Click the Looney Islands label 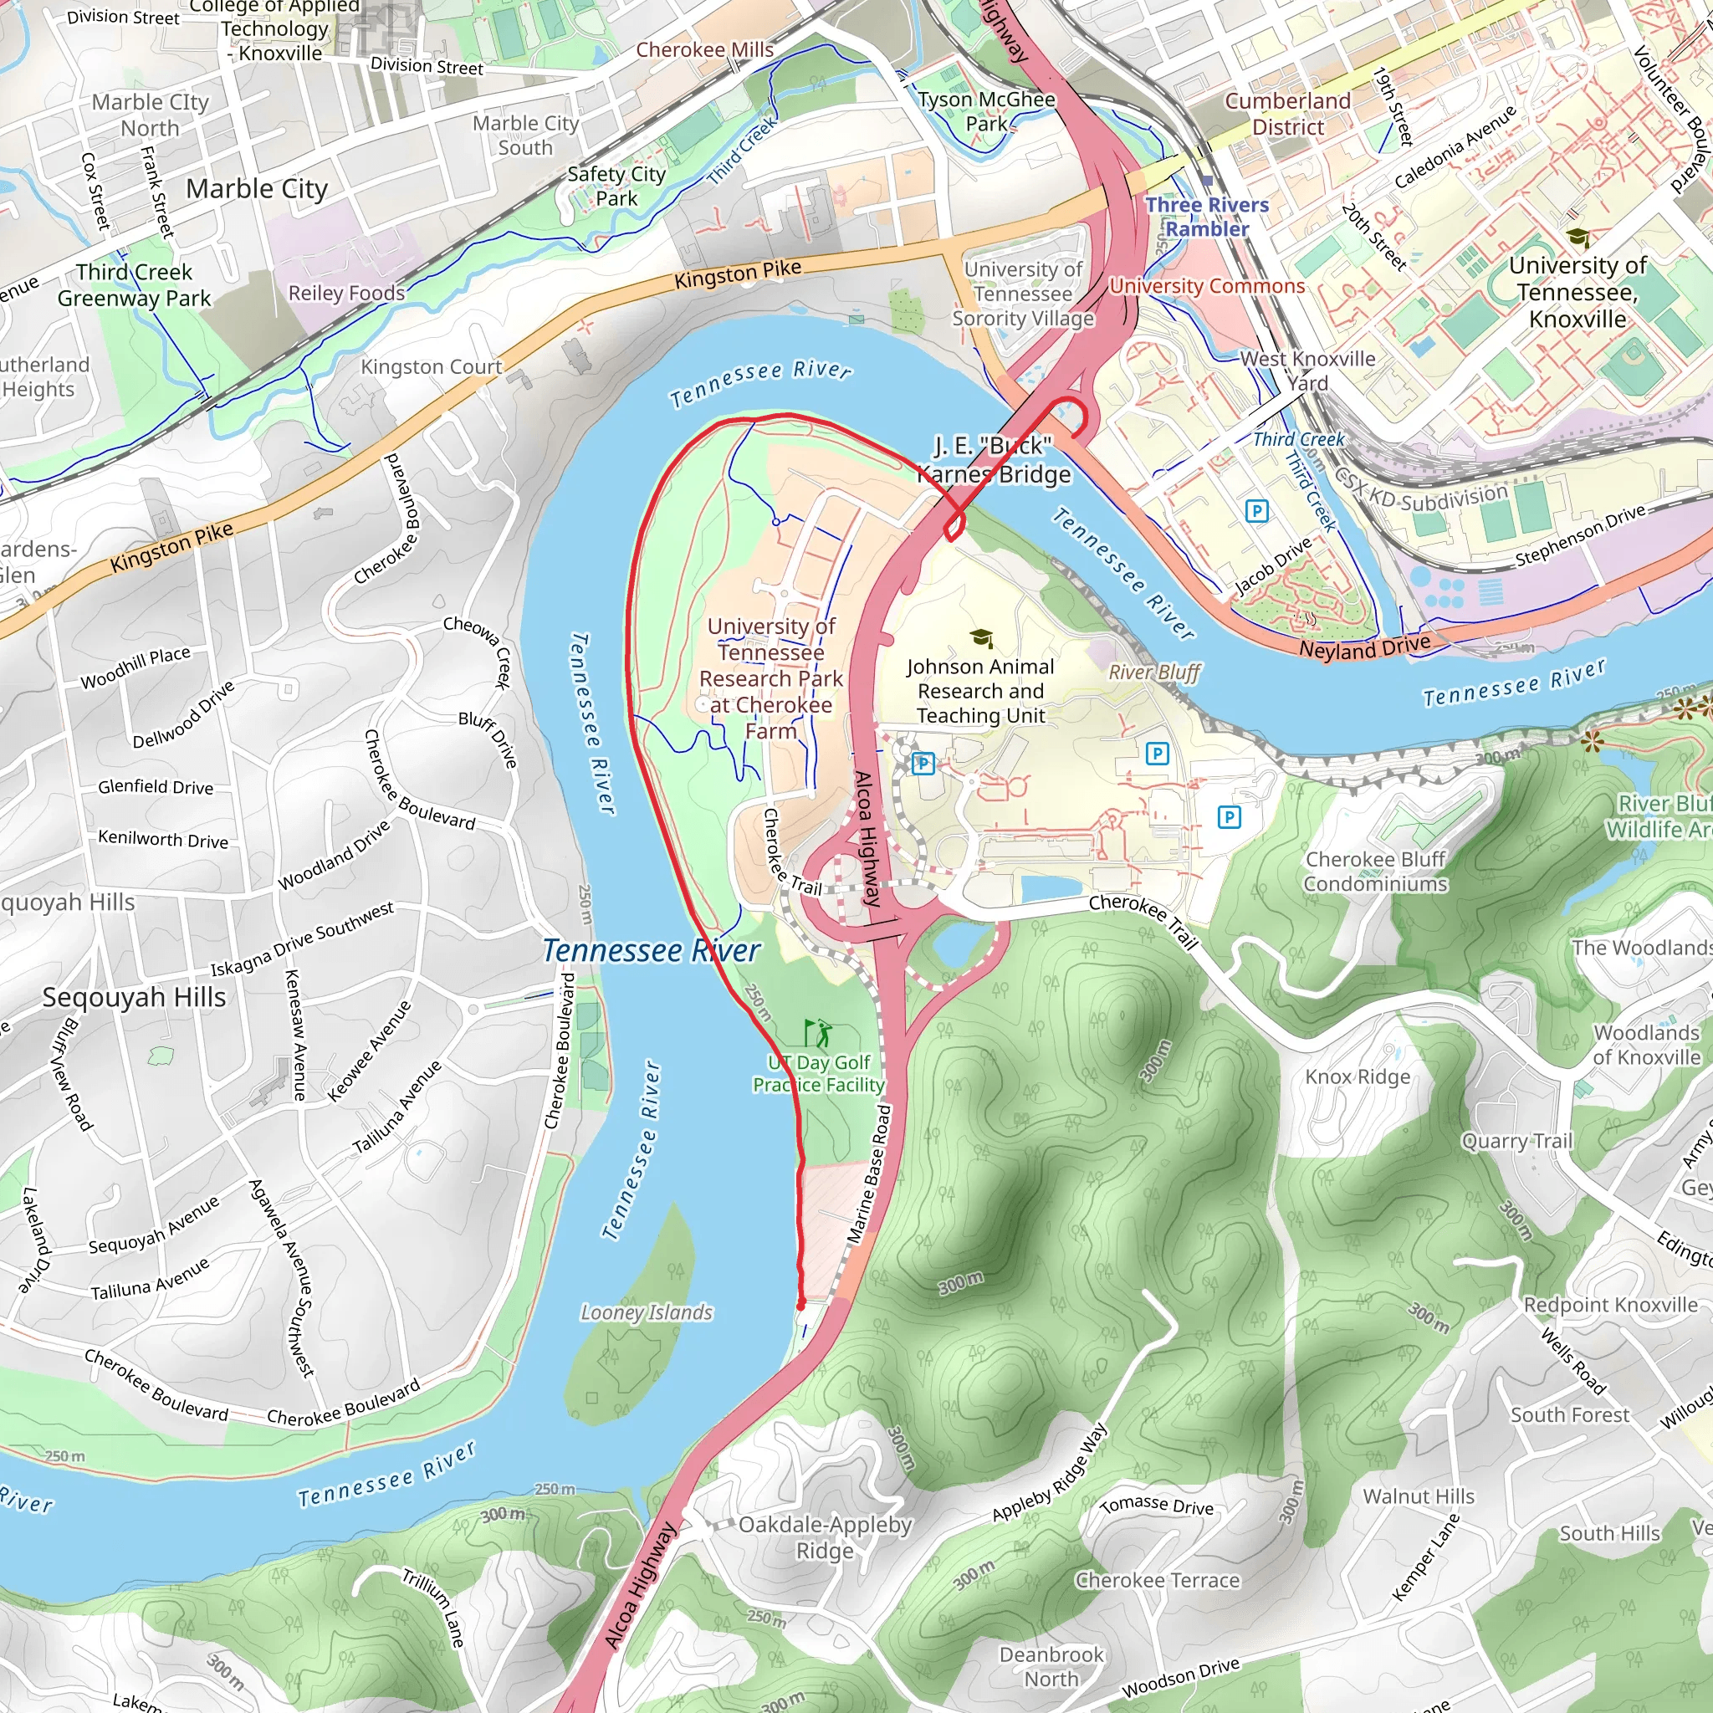647,1312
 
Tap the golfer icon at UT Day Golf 818,1033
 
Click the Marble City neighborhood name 257,189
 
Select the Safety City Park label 616,187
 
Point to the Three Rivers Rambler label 1207,217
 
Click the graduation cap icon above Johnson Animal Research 980,638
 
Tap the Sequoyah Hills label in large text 134,998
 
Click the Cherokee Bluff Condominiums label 1375,872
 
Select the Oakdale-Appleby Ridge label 825,1537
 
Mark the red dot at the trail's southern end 800,1306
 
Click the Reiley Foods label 346,293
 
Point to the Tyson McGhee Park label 987,112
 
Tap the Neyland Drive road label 1364,648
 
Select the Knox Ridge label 1358,1076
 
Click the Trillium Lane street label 433,1608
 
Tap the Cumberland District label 1287,114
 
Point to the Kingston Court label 432,366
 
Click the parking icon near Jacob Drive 1256,511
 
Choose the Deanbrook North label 1051,1666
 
